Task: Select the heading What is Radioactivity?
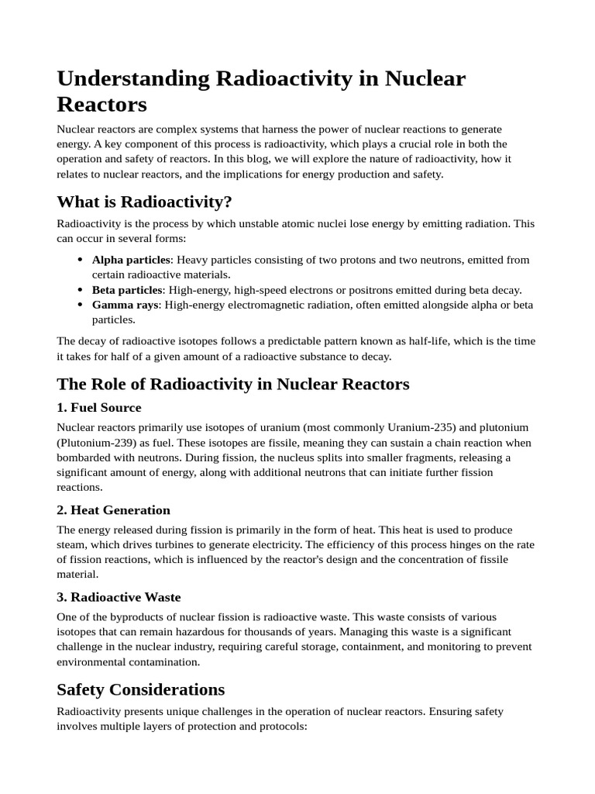pos(144,202)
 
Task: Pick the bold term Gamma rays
pos(125,305)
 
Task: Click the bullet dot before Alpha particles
pos(81,260)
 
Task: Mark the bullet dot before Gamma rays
pos(81,305)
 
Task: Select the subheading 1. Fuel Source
pos(99,407)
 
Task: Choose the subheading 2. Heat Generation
pos(113,509)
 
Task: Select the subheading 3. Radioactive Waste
pos(119,597)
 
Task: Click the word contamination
pos(167,662)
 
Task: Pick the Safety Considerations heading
pos(141,689)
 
